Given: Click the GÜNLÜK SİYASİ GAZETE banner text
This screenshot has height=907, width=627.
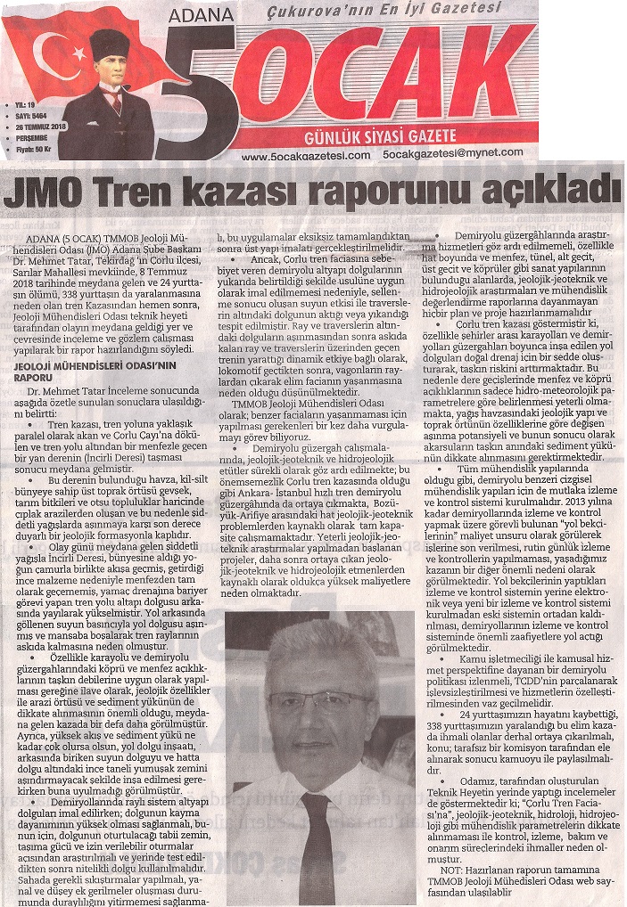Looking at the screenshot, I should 381,136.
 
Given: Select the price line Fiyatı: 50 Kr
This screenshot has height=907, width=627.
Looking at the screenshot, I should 32,149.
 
